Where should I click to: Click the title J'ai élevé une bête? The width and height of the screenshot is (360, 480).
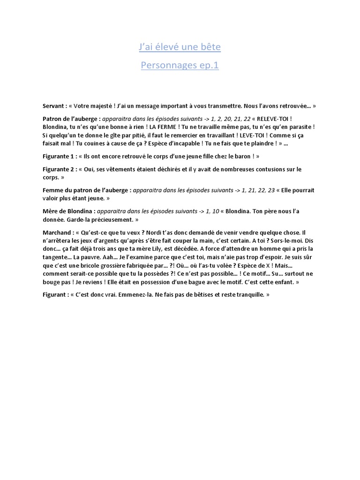180,47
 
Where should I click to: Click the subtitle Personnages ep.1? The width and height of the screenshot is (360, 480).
180,65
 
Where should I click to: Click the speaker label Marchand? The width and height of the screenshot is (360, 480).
58,232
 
